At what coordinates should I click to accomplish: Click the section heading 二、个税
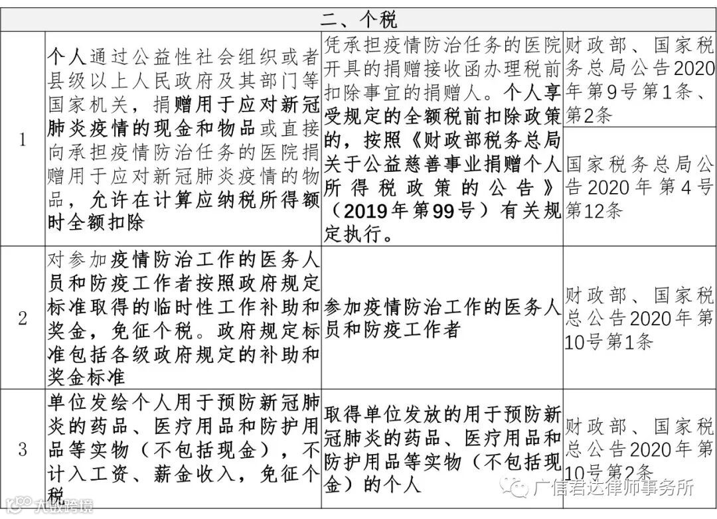pyautogui.click(x=359, y=16)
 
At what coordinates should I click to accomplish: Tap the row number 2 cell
pyautogui.click(x=23, y=318)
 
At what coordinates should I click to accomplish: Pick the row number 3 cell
pyautogui.click(x=23, y=449)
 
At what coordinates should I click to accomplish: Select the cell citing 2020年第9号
pyautogui.click(x=639, y=78)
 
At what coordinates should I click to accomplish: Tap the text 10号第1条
pyautogui.click(x=609, y=342)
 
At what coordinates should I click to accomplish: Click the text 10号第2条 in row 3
pyautogui.click(x=609, y=472)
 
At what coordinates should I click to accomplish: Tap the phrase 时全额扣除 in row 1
pyautogui.click(x=96, y=222)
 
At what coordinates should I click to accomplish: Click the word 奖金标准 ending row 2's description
pyautogui.click(x=86, y=377)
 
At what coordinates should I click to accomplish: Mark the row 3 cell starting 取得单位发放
pyautogui.click(x=442, y=449)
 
